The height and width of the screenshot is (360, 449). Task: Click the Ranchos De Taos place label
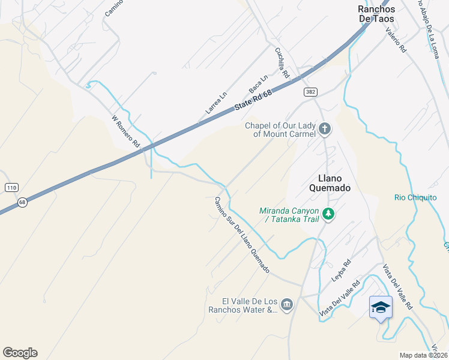click(376, 14)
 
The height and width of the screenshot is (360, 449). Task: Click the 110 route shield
click(11, 188)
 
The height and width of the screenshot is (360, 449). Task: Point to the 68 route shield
click(22, 202)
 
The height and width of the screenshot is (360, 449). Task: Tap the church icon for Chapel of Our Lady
click(325, 128)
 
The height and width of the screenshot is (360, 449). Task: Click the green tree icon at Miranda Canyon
click(328, 214)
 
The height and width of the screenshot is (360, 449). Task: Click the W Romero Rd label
click(125, 132)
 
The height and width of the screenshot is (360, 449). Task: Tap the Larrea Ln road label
click(216, 103)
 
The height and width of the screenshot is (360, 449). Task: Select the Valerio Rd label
click(396, 41)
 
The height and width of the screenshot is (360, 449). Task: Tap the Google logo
click(20, 353)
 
